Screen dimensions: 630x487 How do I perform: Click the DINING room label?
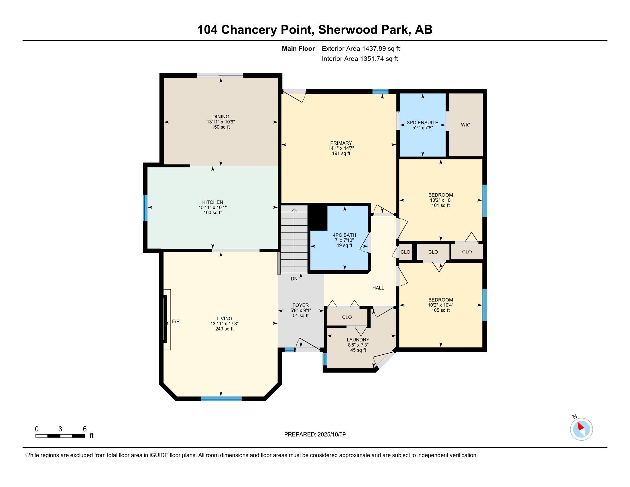pos(221,117)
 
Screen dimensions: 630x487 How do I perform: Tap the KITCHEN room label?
pos(212,202)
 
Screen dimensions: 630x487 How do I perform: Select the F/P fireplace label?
pos(176,321)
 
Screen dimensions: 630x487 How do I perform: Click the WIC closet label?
pos(466,125)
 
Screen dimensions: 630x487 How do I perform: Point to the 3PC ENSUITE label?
pos(423,123)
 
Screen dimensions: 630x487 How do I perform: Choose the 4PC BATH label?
pos(344,235)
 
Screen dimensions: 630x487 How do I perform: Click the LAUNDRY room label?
pos(358,339)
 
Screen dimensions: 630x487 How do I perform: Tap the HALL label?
pos(378,288)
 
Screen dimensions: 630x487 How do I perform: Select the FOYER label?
pos(301,305)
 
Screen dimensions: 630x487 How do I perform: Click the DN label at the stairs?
pos(294,279)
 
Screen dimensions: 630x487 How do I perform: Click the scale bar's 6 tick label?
pos(85,429)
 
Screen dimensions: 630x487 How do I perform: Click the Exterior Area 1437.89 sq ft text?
pos(361,49)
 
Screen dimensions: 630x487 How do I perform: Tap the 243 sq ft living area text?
pos(225,329)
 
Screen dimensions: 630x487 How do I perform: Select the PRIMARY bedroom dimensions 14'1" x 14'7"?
pos(341,148)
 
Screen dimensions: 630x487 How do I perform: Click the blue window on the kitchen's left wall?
pos(145,208)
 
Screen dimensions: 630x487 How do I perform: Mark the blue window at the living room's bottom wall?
pos(221,399)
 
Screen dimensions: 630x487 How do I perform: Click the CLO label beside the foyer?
pos(347,317)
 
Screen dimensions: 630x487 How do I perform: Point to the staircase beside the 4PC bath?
pos(294,239)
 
